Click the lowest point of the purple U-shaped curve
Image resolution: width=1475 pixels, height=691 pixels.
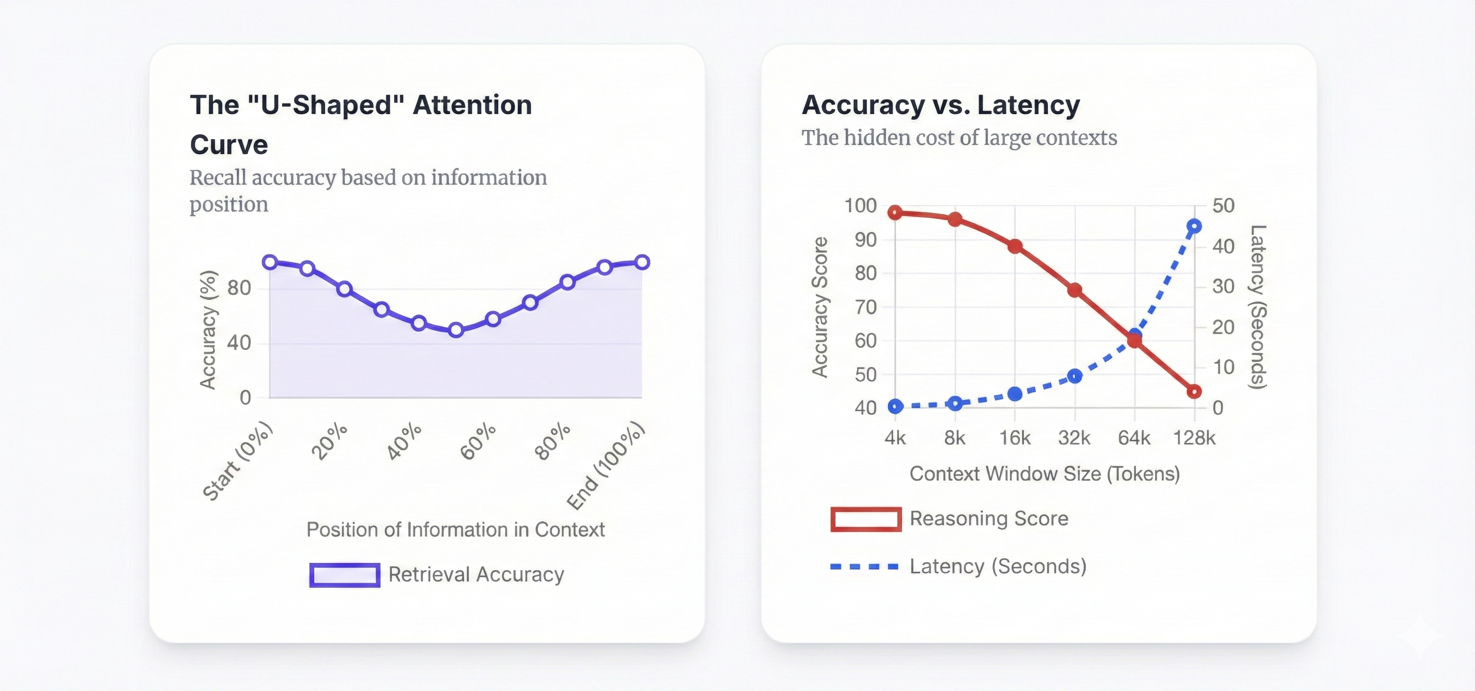click(456, 329)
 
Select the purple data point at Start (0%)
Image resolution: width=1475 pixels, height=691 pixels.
click(270, 262)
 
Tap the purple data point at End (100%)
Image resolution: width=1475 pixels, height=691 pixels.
click(642, 262)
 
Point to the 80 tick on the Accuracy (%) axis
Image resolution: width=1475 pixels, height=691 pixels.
click(239, 288)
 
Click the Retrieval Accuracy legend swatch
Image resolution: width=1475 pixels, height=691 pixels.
click(345, 575)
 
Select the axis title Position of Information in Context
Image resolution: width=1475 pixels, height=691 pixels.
click(455, 530)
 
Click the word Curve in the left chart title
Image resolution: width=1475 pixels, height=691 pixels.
click(229, 144)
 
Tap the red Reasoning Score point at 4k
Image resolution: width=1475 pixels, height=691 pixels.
click(895, 213)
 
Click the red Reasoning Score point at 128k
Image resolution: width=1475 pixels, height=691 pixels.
click(1194, 391)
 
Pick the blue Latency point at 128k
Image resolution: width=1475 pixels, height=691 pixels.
click(1194, 226)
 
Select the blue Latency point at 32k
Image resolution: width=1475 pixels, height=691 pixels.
click(1075, 376)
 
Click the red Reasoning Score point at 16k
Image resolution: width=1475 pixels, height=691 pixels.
click(1015, 246)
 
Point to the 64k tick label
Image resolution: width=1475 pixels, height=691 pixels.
click(1134, 438)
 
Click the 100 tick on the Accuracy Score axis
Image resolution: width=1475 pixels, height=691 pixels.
click(861, 205)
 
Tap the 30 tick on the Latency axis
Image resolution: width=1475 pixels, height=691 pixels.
click(1223, 286)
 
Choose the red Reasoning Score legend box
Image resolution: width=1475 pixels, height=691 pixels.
click(866, 519)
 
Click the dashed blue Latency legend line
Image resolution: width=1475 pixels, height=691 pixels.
click(865, 567)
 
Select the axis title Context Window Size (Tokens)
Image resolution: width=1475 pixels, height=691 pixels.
click(1044, 474)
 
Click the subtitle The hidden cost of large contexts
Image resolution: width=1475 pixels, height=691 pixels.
click(959, 137)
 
